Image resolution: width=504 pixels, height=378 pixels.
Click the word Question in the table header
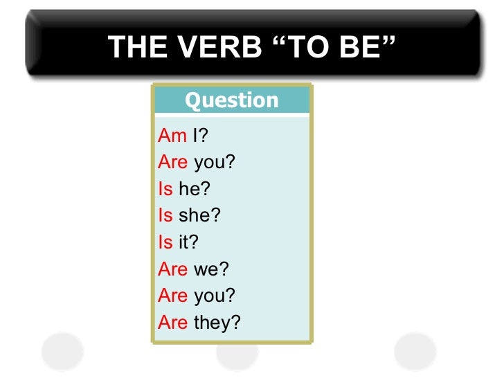click(232, 101)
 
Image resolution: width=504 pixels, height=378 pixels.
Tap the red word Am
click(172, 136)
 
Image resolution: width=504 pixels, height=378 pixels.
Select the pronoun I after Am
click(196, 136)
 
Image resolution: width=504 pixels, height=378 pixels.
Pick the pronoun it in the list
click(185, 242)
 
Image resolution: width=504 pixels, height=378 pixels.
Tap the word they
click(214, 322)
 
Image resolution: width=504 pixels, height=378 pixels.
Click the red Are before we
click(173, 269)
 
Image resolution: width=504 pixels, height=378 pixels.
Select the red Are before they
click(173, 322)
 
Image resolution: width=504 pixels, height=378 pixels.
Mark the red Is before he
click(165, 189)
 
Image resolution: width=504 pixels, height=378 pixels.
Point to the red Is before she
click(165, 216)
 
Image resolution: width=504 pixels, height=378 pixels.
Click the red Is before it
click(165, 242)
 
